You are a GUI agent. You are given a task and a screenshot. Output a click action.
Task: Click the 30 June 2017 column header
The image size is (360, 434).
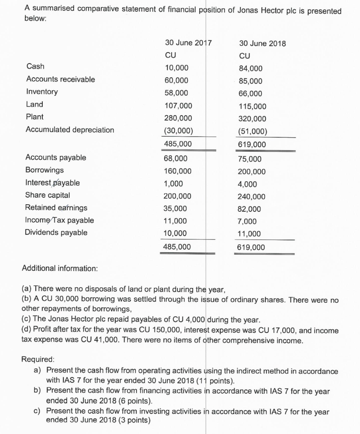[188, 43]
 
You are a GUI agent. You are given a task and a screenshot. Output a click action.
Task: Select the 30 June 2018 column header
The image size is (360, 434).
[262, 44]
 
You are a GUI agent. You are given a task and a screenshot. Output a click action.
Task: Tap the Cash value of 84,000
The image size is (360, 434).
[251, 69]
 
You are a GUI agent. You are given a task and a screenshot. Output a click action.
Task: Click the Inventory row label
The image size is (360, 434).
[42, 92]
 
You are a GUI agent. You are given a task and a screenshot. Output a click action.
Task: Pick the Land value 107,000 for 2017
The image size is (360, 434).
[178, 106]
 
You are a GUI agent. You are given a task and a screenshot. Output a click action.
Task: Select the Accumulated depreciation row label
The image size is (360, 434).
[70, 130]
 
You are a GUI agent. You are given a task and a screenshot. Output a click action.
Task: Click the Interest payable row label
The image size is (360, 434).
[53, 183]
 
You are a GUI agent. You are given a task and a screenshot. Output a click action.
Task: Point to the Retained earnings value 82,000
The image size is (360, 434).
[250, 209]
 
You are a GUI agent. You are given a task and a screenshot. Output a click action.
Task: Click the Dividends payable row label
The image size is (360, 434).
[56, 232]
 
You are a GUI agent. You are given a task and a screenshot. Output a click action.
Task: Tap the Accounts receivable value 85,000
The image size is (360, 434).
[251, 81]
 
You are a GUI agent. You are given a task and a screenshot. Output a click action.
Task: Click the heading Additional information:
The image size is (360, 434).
[59, 268]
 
